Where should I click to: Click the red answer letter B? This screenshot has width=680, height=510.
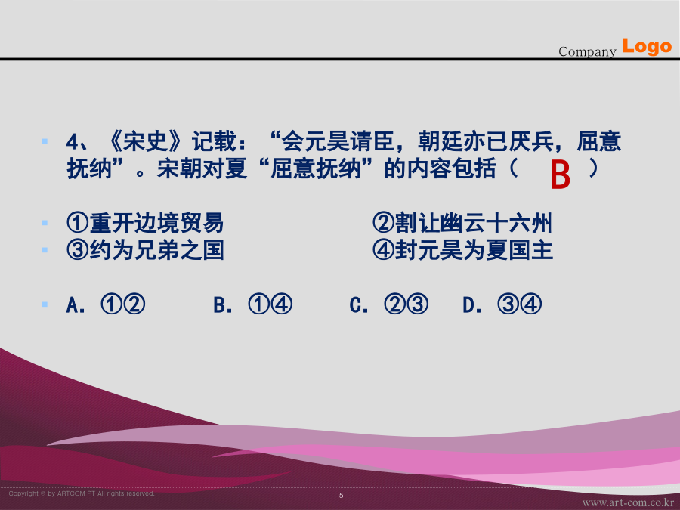pyautogui.click(x=560, y=175)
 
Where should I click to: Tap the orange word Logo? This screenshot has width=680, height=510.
pyautogui.click(x=647, y=46)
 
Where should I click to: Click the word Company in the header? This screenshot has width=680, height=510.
pyautogui.click(x=587, y=51)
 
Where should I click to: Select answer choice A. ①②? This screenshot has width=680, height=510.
pyautogui.click(x=106, y=304)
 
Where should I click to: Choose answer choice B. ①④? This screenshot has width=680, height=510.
pyautogui.click(x=253, y=304)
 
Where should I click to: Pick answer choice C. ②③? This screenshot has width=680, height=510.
pyautogui.click(x=389, y=304)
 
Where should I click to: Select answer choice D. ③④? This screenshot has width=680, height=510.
pyautogui.click(x=502, y=304)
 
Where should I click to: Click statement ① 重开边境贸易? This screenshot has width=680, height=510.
pyautogui.click(x=145, y=223)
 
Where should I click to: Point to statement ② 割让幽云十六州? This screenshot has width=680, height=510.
pyautogui.click(x=462, y=223)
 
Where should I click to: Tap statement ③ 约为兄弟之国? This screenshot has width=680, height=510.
pyautogui.click(x=145, y=250)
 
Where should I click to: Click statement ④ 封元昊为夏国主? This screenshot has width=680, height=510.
pyautogui.click(x=462, y=250)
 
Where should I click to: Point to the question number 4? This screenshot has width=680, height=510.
pyautogui.click(x=72, y=142)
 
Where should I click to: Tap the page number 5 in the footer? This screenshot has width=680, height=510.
pyautogui.click(x=342, y=495)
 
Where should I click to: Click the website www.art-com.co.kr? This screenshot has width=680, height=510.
pyautogui.click(x=628, y=502)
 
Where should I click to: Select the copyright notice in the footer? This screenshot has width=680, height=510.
pyautogui.click(x=82, y=493)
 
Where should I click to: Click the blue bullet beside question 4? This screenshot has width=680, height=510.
pyautogui.click(x=45, y=141)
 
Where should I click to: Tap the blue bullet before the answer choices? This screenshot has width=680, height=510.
pyautogui.click(x=45, y=304)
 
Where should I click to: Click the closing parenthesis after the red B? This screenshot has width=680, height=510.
pyautogui.click(x=593, y=168)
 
